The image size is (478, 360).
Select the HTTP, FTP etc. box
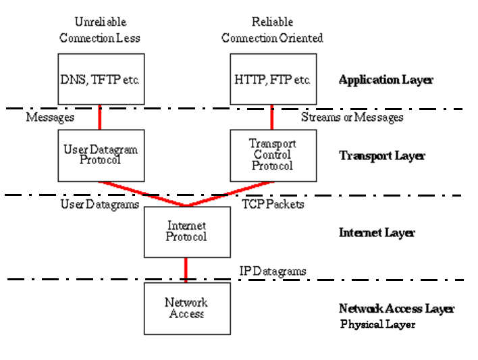(273, 80)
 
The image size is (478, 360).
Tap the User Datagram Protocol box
(101, 155)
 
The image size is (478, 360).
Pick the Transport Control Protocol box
(273, 155)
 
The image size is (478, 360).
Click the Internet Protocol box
(186, 232)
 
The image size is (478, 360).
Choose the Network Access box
(186, 308)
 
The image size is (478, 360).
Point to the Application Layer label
(386, 80)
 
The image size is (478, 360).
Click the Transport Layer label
(381, 156)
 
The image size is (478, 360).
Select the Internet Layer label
(377, 233)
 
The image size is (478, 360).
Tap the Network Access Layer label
(396, 309)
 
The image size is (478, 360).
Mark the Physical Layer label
(377, 324)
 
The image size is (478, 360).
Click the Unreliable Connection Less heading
(101, 30)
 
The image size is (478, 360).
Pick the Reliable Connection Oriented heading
(272, 30)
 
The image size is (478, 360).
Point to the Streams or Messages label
(352, 118)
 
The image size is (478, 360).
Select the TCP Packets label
(273, 204)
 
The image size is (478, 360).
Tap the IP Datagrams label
(273, 271)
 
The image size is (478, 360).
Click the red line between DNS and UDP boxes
(101, 117)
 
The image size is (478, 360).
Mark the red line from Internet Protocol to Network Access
(186, 269)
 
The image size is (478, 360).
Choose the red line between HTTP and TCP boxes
(272, 117)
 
